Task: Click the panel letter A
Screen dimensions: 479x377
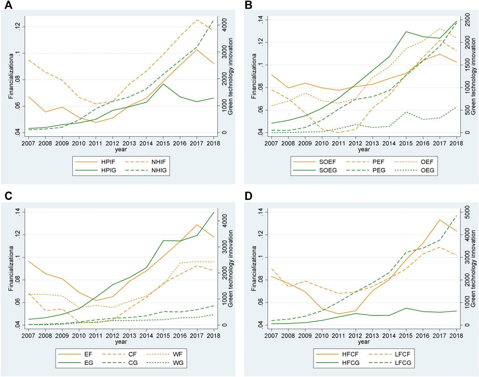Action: [x=8, y=5]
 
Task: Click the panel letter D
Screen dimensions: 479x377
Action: [x=248, y=196]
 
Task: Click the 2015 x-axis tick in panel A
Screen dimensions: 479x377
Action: [x=163, y=143]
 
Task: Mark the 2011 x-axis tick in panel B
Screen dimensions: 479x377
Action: [x=339, y=143]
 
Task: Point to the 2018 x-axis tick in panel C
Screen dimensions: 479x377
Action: [x=213, y=336]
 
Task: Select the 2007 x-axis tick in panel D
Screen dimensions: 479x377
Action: [x=271, y=336]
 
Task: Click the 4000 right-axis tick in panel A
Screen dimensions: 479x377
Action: [x=224, y=23]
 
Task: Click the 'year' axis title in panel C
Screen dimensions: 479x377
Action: [x=121, y=342]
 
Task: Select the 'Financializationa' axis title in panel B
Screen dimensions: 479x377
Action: [x=255, y=76]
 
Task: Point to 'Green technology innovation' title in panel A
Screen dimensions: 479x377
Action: [x=231, y=76]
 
